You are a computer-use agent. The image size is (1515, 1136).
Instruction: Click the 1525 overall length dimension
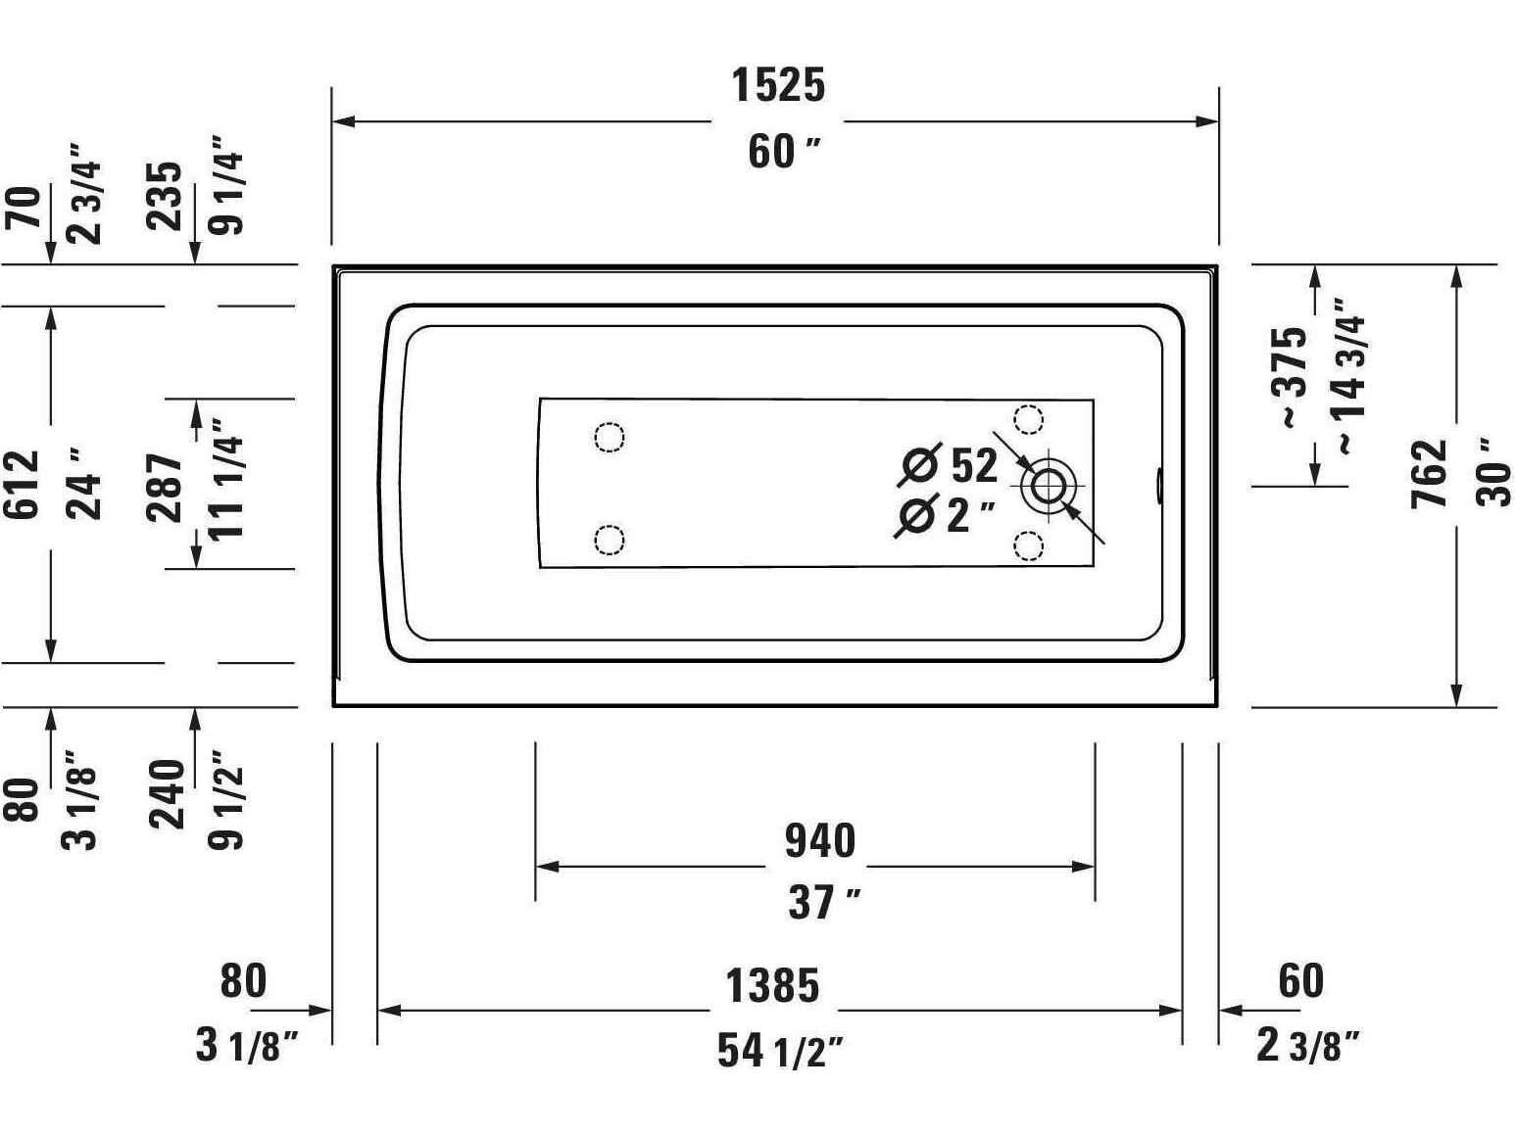tap(779, 85)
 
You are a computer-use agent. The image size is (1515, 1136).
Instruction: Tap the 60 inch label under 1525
tap(783, 152)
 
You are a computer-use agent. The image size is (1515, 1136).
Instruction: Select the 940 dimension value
tap(820, 841)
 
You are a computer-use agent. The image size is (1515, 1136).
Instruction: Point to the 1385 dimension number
tap(772, 986)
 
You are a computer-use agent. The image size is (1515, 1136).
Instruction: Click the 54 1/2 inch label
tap(780, 1051)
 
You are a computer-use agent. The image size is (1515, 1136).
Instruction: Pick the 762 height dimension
tap(1430, 474)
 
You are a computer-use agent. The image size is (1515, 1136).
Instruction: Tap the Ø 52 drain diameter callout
tap(949, 464)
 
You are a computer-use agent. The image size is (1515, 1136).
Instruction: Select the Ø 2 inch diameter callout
tap(945, 515)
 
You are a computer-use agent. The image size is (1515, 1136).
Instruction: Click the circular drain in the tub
tap(1049, 485)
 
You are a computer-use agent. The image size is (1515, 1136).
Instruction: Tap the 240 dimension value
tap(168, 793)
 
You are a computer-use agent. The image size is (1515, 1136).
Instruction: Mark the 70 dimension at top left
tap(24, 207)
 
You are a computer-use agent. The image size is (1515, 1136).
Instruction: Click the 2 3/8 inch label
tap(1307, 1046)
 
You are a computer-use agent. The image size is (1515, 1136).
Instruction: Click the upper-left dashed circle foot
tap(610, 437)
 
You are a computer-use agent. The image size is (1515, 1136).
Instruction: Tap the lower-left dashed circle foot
tap(610, 540)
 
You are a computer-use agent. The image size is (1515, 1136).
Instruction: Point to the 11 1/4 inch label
tap(227, 479)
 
